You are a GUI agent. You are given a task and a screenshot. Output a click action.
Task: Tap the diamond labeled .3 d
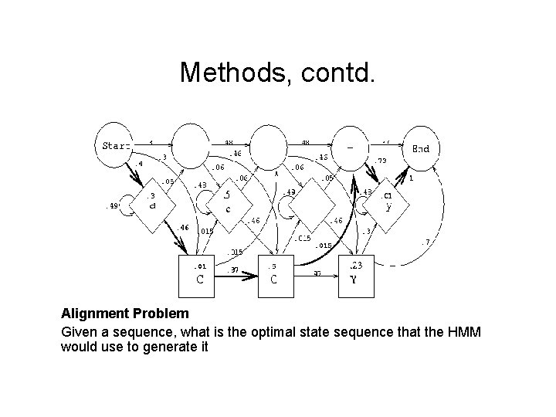pyautogui.click(x=153, y=202)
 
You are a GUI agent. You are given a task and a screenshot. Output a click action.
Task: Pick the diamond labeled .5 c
pyautogui.click(x=227, y=202)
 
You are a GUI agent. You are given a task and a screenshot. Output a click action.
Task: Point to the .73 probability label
pyautogui.click(x=381, y=161)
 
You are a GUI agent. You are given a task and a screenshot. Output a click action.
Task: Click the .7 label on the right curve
pyautogui.click(x=425, y=243)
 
